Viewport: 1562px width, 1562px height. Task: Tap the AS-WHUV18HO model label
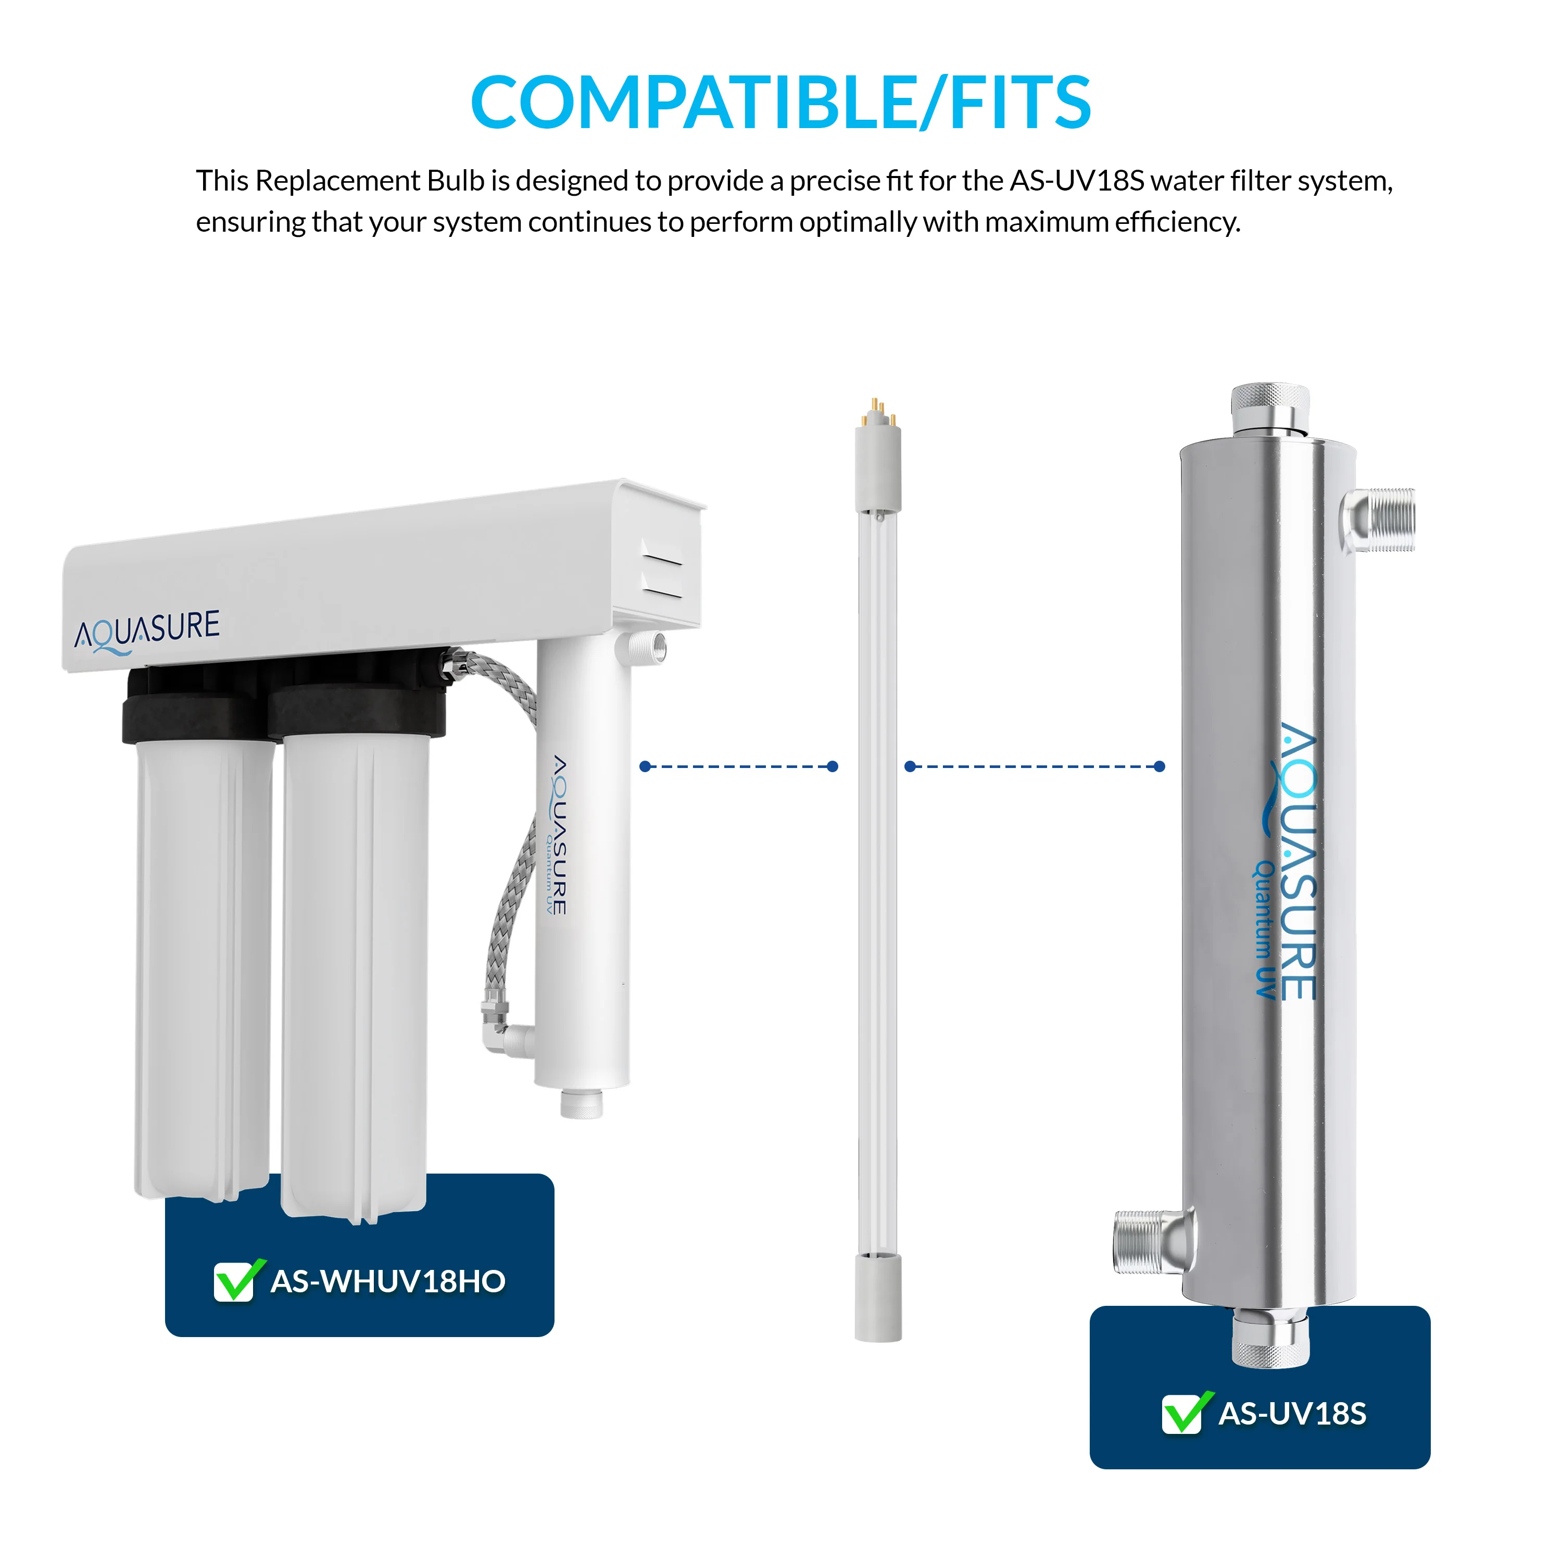(x=388, y=1281)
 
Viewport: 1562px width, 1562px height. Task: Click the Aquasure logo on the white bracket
(x=147, y=632)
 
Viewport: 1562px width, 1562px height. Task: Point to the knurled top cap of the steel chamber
(x=1270, y=410)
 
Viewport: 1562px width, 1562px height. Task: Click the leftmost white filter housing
(x=202, y=962)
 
